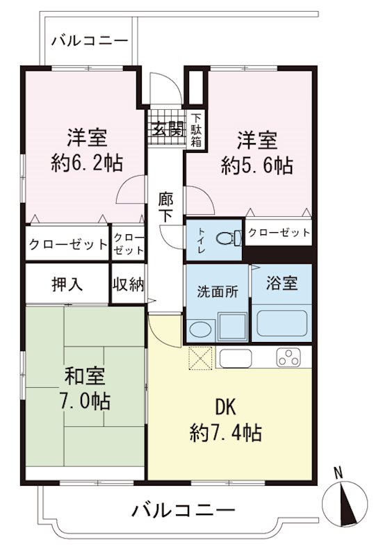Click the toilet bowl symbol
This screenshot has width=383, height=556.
tap(225, 238)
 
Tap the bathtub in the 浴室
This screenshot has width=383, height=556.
tap(284, 322)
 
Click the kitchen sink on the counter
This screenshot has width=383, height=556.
tap(236, 358)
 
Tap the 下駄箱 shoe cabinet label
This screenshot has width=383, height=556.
tap(197, 130)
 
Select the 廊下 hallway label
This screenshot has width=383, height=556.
tap(165, 206)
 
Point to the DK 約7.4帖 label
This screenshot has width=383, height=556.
tap(225, 420)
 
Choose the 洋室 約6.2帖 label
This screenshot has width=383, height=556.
tap(86, 149)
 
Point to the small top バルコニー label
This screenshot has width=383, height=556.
tap(90, 40)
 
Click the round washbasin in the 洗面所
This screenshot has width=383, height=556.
tap(201, 328)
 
